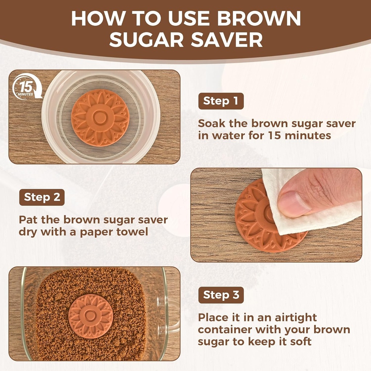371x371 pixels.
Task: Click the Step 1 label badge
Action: click(x=221, y=101)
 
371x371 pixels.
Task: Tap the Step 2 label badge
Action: click(x=42, y=197)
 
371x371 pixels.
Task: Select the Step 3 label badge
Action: click(x=221, y=295)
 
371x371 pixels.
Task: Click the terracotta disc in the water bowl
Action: click(x=100, y=118)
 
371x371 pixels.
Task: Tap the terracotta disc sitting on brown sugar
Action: click(x=91, y=316)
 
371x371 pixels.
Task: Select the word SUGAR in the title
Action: click(x=148, y=40)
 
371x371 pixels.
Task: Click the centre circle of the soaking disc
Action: click(x=100, y=118)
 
